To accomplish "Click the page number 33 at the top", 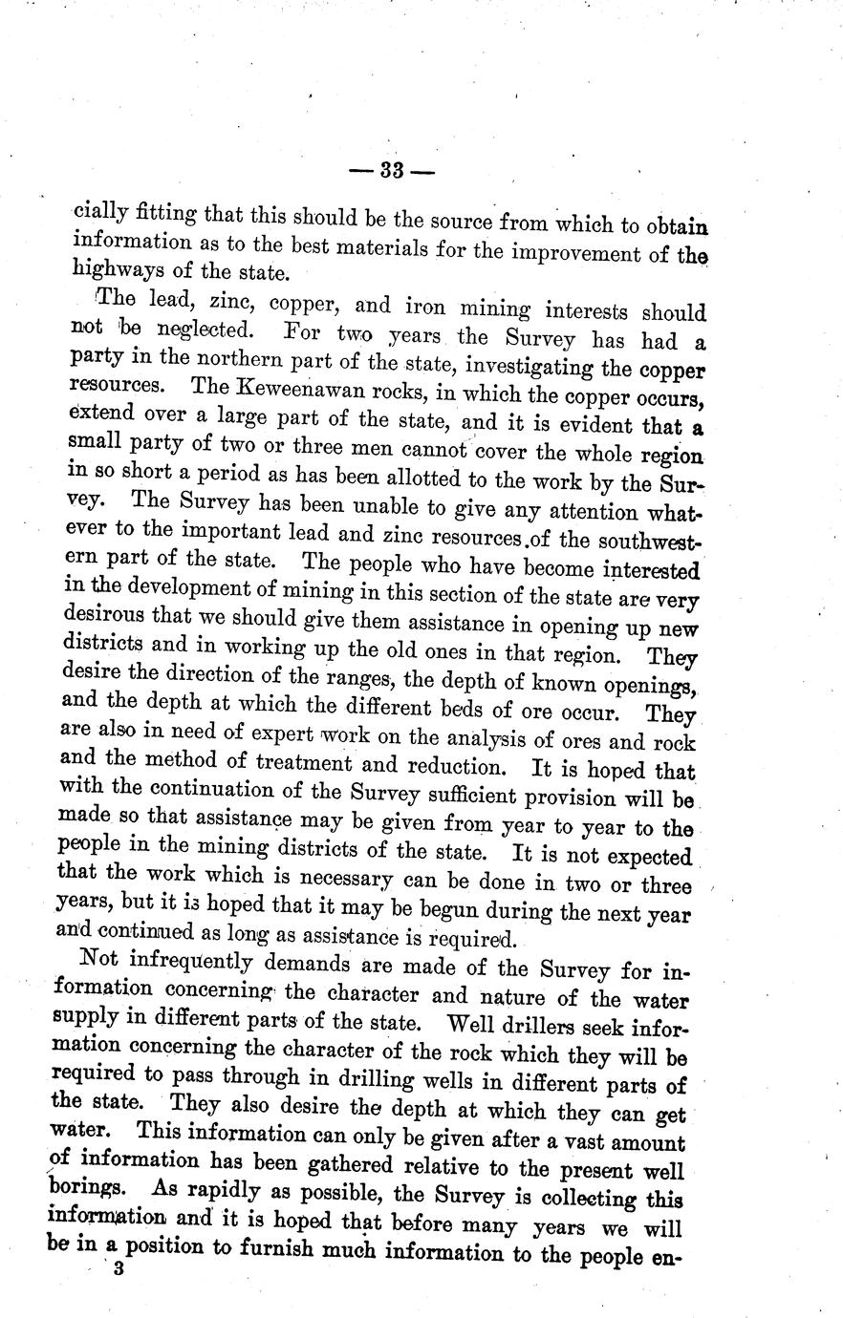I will tap(393, 171).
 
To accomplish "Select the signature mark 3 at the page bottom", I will tap(119, 1271).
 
